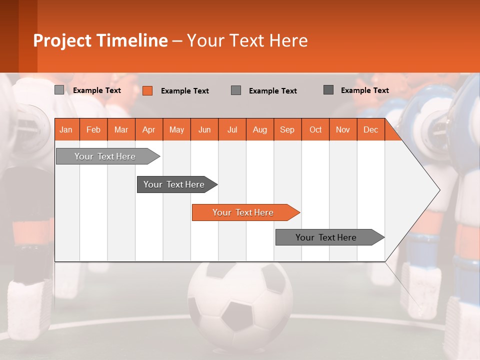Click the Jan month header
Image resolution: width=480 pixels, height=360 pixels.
point(66,129)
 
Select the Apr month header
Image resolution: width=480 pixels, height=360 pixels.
point(149,129)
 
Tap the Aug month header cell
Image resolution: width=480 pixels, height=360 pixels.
point(260,129)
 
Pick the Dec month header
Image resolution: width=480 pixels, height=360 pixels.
point(371,129)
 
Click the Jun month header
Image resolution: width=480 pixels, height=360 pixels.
point(204,129)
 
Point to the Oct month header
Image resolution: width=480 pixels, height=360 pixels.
point(315,129)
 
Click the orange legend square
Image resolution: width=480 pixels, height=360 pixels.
point(147,90)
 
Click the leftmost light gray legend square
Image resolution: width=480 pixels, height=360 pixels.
point(59,90)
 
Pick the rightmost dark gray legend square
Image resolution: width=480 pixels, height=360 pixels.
point(328,90)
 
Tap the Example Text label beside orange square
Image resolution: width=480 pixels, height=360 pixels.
point(184,91)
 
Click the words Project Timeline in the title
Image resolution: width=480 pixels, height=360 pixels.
point(100,40)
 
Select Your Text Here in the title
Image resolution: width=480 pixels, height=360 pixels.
point(247,40)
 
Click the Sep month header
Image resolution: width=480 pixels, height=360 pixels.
point(287,129)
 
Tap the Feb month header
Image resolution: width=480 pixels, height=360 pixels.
point(93,129)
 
